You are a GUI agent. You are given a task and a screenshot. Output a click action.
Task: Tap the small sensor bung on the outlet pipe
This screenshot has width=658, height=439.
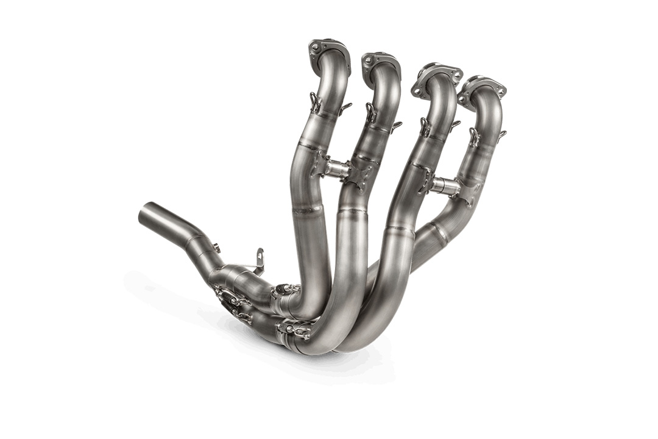(x=216, y=248)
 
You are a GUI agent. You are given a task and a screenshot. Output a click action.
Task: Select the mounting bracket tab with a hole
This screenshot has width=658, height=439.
(x=260, y=257)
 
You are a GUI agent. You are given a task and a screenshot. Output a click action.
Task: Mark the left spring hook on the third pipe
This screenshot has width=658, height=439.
(x=424, y=126)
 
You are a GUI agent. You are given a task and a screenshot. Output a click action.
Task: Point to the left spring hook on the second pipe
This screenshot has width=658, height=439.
(x=370, y=113)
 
